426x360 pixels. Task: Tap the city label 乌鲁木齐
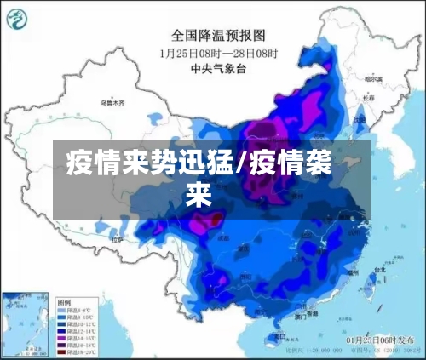click(112, 103)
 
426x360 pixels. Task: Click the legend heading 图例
click(63, 301)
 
